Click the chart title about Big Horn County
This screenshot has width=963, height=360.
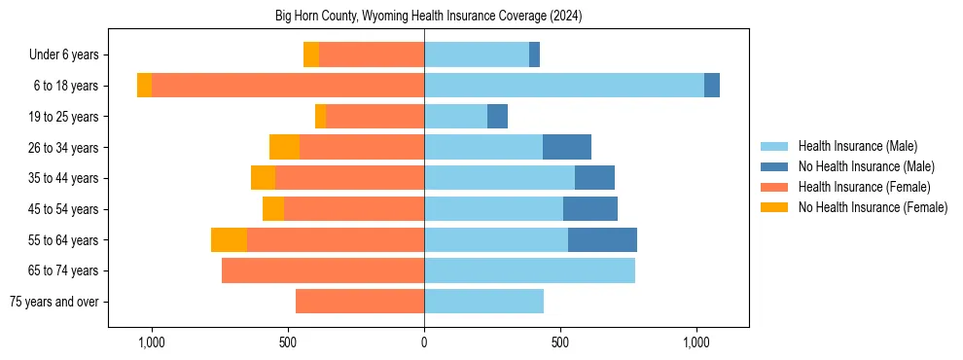pyautogui.click(x=423, y=16)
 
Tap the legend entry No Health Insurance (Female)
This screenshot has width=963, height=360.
pyautogui.click(x=873, y=207)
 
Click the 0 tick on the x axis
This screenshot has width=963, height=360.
pyautogui.click(x=424, y=342)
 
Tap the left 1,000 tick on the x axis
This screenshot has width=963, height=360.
pyautogui.click(x=152, y=342)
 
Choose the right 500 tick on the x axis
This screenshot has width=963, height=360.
pyautogui.click(x=559, y=342)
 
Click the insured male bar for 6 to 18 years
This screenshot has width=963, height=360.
pyautogui.click(x=564, y=86)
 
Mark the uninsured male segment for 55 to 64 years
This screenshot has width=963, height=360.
pyautogui.click(x=602, y=239)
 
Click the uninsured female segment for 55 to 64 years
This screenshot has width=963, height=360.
pyautogui.click(x=229, y=239)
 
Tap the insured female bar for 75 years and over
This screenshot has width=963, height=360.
pyautogui.click(x=360, y=302)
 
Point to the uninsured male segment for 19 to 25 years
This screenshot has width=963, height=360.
pyautogui.click(x=497, y=117)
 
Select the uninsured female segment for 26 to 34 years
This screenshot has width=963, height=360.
pyautogui.click(x=284, y=147)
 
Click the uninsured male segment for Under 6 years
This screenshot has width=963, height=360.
pyautogui.click(x=534, y=55)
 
